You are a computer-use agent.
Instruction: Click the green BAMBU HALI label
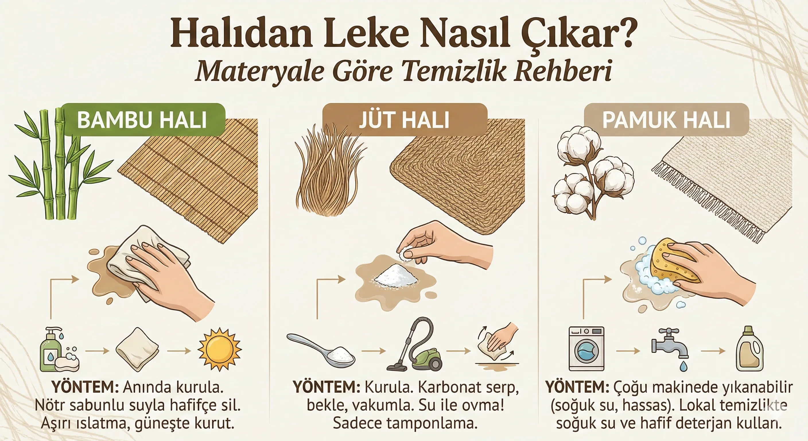tap(143, 120)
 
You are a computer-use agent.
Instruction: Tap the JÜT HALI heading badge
tap(405, 120)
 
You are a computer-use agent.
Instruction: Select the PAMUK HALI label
tap(667, 120)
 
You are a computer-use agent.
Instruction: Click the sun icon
tap(220, 350)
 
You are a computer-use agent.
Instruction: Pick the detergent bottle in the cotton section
tap(749, 349)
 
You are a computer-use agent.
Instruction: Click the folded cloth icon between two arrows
tap(137, 349)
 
